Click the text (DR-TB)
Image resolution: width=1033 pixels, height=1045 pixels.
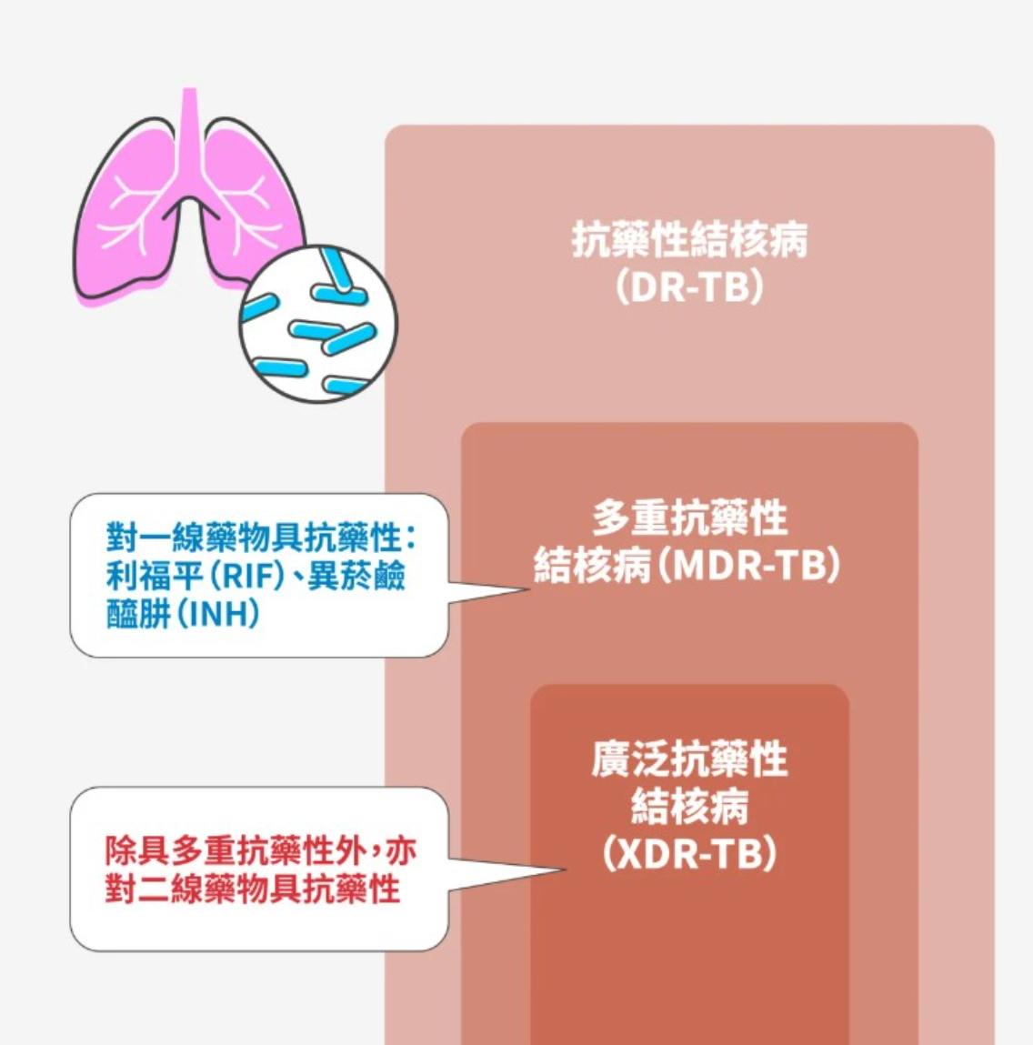689,288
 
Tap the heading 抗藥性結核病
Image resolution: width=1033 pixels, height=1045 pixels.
689,240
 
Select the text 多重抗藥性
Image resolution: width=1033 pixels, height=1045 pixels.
689,519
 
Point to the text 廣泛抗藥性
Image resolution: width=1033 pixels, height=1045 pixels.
689,759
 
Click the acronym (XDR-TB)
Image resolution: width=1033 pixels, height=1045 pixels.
689,854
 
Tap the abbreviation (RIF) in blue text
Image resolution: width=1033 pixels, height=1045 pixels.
243,577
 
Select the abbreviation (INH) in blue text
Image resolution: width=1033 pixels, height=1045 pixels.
217,614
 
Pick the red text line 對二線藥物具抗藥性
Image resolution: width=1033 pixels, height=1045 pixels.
253,889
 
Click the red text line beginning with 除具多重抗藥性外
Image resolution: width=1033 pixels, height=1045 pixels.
260,851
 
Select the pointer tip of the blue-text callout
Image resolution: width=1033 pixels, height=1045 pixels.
527,589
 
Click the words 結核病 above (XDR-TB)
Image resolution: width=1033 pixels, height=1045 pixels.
689,807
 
